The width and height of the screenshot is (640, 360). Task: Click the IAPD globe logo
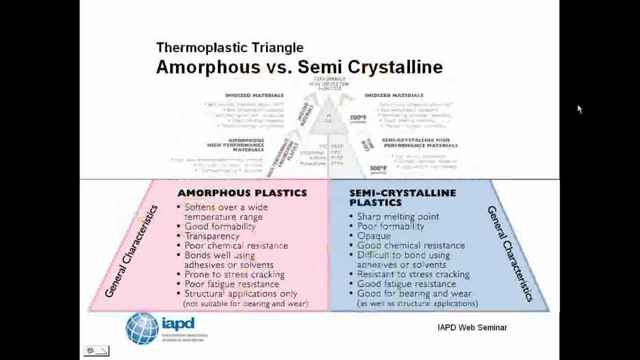click(142, 328)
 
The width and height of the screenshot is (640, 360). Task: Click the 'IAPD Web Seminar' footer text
click(472, 327)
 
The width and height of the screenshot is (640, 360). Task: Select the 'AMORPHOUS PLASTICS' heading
click(242, 193)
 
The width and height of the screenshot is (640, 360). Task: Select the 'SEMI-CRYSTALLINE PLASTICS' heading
click(402, 197)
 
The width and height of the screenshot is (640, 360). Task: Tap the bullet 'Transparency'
click(212, 236)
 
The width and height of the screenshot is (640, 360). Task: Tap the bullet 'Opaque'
click(373, 236)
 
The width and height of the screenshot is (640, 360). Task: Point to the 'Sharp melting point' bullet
click(397, 216)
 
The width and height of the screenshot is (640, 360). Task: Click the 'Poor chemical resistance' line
click(236, 245)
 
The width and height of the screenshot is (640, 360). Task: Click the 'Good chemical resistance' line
click(410, 245)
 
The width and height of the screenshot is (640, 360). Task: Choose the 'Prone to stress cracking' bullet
click(234, 274)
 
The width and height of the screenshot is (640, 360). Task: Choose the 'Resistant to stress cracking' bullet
click(413, 274)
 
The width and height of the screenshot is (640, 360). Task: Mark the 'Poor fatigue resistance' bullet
click(231, 284)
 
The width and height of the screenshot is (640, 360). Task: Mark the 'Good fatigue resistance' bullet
click(406, 284)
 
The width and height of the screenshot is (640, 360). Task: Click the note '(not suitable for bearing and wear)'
click(245, 303)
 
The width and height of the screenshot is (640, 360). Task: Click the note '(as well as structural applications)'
click(417, 303)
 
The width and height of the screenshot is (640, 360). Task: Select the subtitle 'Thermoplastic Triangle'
click(229, 47)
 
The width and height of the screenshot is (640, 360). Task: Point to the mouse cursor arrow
click(579, 109)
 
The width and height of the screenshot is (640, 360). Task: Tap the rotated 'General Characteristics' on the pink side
click(131, 251)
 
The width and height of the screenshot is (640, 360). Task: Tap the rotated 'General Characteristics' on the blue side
click(510, 253)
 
